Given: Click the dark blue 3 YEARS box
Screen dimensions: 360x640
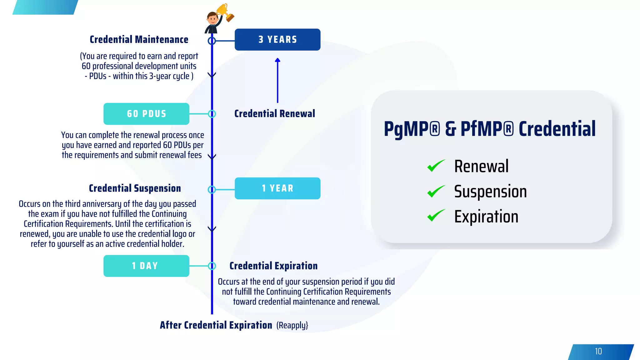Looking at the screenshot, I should pyautogui.click(x=277, y=40).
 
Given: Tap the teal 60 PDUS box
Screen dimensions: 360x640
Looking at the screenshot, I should pyautogui.click(x=146, y=114).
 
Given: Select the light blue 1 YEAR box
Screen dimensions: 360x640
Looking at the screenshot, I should pyautogui.click(x=277, y=188).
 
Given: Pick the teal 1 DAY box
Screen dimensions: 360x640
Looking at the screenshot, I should pyautogui.click(x=146, y=266).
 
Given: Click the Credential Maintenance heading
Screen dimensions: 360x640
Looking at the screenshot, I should pyautogui.click(x=139, y=40).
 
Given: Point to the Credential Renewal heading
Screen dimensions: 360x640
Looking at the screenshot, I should pyautogui.click(x=275, y=114).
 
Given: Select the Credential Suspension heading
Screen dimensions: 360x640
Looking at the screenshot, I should pyautogui.click(x=135, y=188).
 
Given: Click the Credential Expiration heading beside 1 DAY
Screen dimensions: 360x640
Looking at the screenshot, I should pyautogui.click(x=273, y=266).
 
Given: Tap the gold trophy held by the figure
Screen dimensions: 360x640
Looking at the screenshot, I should pyautogui.click(x=225, y=12).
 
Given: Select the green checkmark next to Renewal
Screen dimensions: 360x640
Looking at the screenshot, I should pyautogui.click(x=436, y=166).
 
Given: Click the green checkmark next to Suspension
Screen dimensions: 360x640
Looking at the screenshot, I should pyautogui.click(x=436, y=191).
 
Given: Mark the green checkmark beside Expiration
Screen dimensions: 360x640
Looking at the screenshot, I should pyautogui.click(x=436, y=216).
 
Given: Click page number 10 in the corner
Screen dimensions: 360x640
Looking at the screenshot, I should pyautogui.click(x=598, y=352).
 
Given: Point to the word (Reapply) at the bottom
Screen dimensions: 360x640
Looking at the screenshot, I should pyautogui.click(x=292, y=325).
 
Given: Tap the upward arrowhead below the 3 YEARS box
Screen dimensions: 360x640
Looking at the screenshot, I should pyautogui.click(x=277, y=60).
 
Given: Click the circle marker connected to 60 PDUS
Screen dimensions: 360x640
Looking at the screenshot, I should pyautogui.click(x=212, y=114).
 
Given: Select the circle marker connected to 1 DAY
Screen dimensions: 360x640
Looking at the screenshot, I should pyautogui.click(x=212, y=266).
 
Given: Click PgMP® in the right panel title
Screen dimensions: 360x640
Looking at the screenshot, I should pyautogui.click(x=412, y=129).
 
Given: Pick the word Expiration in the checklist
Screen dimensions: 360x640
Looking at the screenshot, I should pyautogui.click(x=486, y=217).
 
